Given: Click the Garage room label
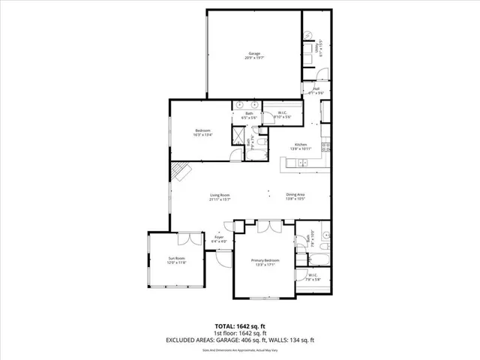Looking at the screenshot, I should tap(253, 55).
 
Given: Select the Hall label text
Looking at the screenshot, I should tap(316, 91).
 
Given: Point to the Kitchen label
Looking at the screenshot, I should tap(301, 146).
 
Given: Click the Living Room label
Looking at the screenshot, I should tap(219, 197).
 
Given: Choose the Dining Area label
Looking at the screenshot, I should tap(295, 196).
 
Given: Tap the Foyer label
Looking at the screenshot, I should tap(218, 239).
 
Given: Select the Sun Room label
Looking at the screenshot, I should tap(175, 260).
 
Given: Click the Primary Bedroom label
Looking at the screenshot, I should tap(264, 262).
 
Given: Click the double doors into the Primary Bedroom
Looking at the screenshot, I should tap(264, 226).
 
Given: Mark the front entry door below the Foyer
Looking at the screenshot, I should tap(224, 256).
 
